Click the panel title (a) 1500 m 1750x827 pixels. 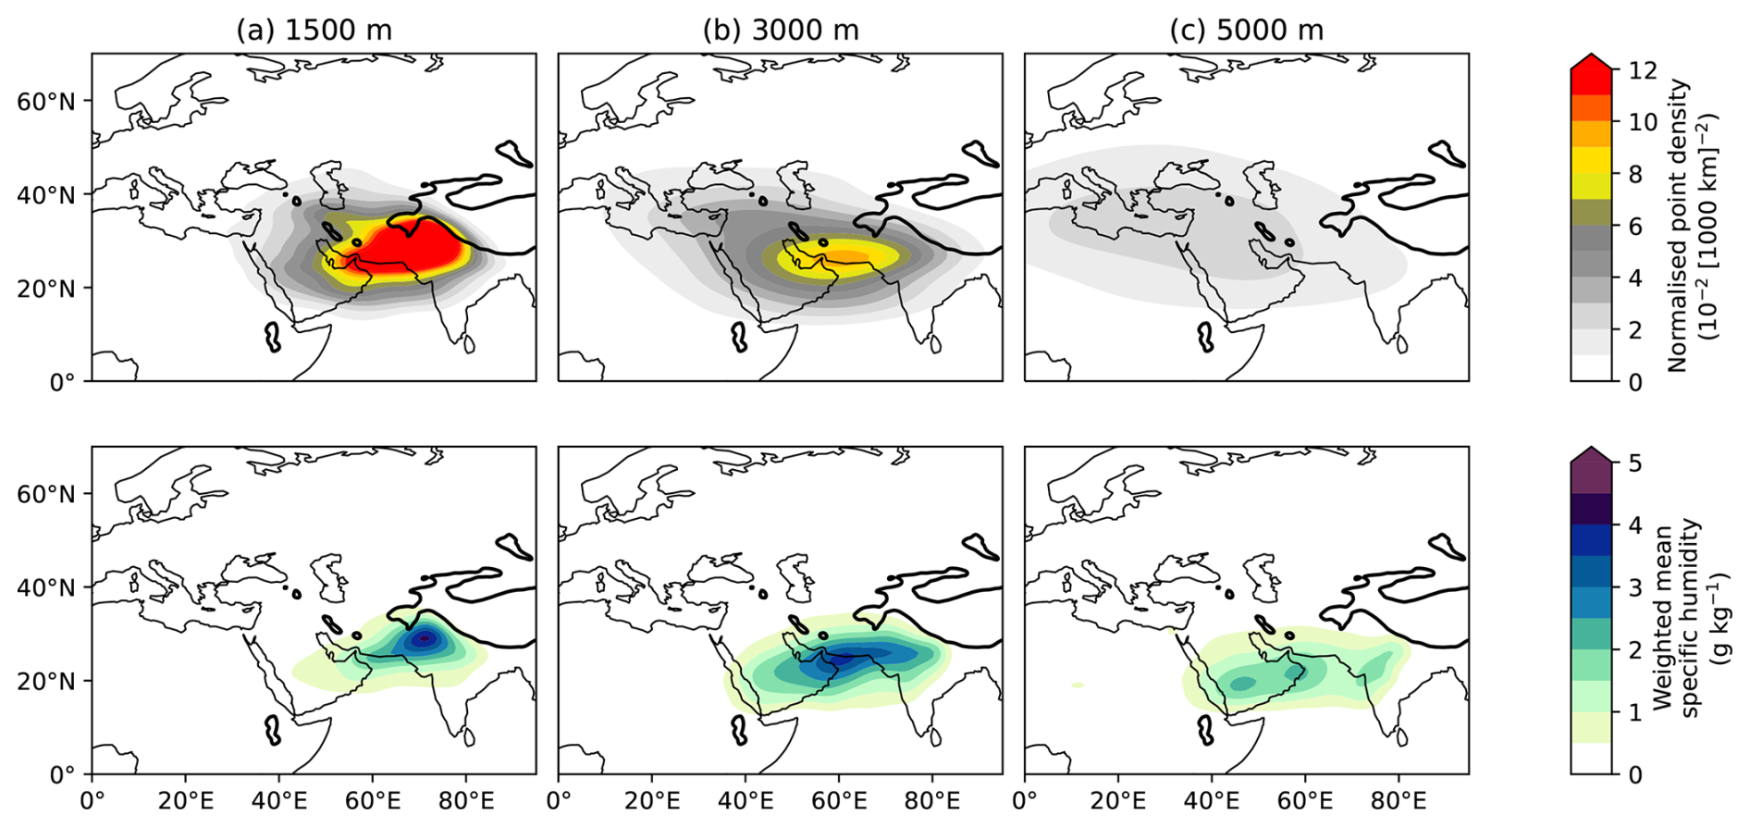(314, 31)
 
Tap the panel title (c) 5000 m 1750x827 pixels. (1246, 31)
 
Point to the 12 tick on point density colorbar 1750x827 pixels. (1643, 70)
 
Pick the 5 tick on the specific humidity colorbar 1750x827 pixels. (1635, 463)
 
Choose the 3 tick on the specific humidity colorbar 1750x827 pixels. (1635, 587)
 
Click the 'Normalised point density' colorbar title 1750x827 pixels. (1691, 226)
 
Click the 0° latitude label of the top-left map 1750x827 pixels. (62, 381)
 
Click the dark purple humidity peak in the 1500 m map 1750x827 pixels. (425, 637)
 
